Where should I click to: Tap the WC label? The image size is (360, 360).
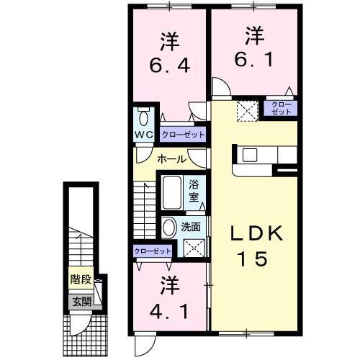[143, 135]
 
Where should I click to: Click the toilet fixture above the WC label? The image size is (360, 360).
[143, 117]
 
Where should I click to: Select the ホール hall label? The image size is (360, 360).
[171, 159]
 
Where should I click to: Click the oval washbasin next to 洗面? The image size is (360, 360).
[169, 228]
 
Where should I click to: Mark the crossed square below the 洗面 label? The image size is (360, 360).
[194, 248]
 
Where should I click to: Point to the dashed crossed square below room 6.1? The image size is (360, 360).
[248, 109]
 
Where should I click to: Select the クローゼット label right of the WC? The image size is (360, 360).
[183, 135]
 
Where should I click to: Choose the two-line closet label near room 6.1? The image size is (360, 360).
[282, 109]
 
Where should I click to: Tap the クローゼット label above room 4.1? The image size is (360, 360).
[153, 251]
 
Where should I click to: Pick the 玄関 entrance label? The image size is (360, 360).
[81, 301]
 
